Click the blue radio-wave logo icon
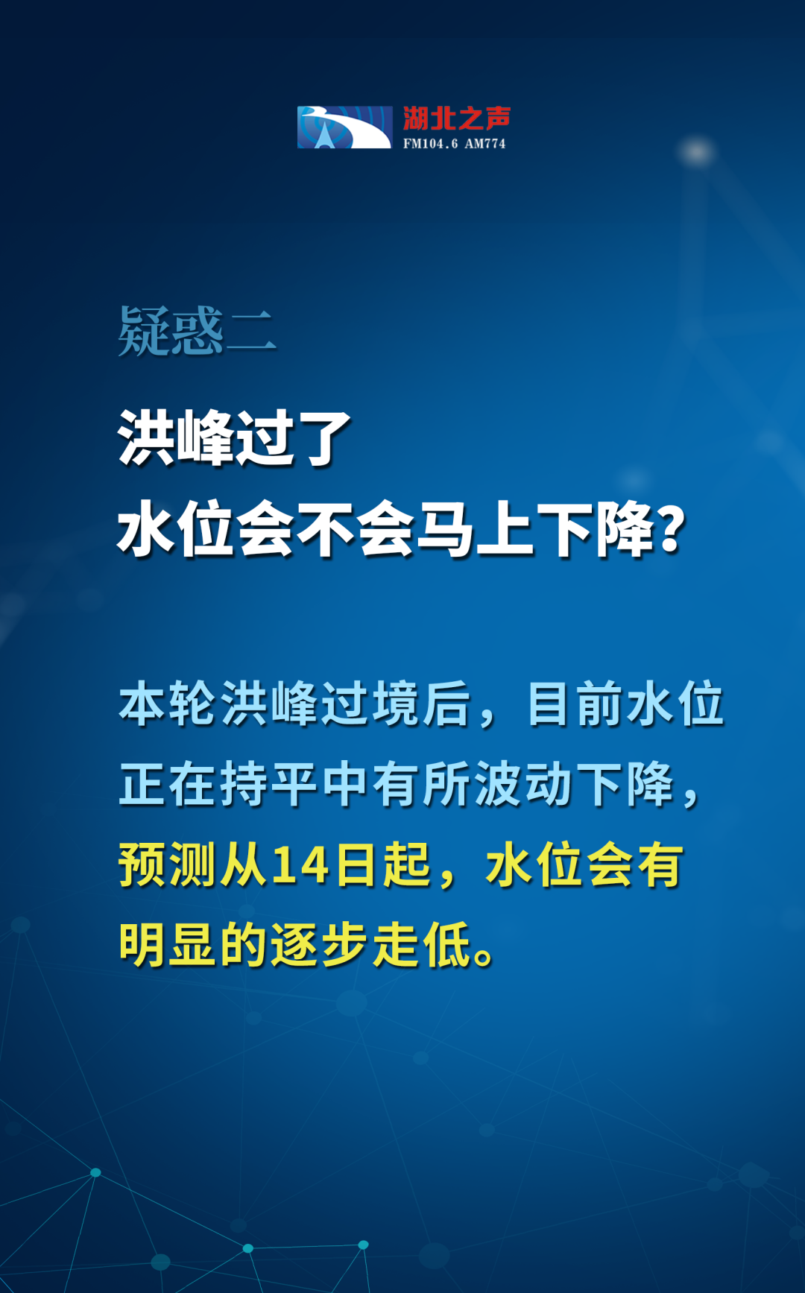tap(344, 127)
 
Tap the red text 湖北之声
tap(457, 118)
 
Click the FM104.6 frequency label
tap(431, 143)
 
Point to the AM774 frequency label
tap(485, 143)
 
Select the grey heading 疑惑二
tap(197, 331)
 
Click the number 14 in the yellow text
tap(300, 865)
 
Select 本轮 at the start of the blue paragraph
tap(168, 704)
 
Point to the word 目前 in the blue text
tap(575, 704)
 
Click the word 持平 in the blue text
tap(268, 784)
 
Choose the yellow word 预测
tap(168, 865)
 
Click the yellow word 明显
tap(168, 945)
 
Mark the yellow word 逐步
tap(321, 945)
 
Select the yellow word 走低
tap(422, 945)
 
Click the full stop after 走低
tap(484, 956)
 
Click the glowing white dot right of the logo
tap(697, 152)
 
